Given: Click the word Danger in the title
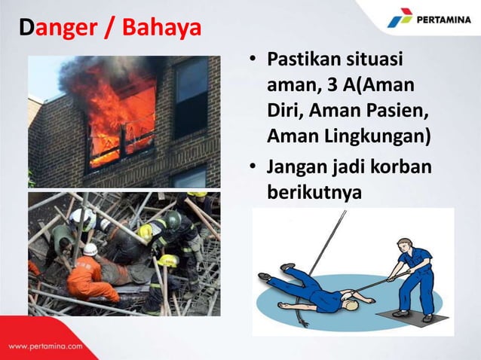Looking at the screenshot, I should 51,29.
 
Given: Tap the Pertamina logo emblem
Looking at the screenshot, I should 400,18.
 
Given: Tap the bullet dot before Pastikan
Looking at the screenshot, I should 255,59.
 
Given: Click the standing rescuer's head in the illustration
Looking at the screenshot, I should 403,245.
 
